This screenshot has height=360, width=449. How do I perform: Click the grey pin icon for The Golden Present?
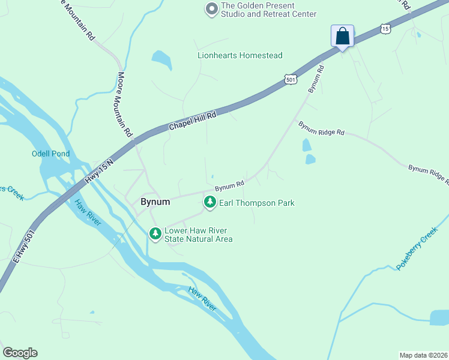click(x=211, y=9)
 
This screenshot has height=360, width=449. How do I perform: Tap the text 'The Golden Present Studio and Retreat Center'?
click(x=268, y=10)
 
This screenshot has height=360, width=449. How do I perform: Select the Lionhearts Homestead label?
click(x=240, y=55)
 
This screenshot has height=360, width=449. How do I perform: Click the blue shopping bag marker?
click(x=342, y=36)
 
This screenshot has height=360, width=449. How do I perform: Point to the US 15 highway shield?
click(x=385, y=28)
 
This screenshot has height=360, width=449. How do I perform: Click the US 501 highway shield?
click(x=291, y=79)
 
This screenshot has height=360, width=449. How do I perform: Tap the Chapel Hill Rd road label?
click(x=191, y=122)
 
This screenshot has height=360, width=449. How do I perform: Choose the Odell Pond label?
click(x=50, y=154)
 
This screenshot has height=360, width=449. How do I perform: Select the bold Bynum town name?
click(x=155, y=202)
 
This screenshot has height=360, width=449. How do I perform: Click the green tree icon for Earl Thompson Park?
click(x=209, y=203)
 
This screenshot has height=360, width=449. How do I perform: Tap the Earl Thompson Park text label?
click(x=256, y=203)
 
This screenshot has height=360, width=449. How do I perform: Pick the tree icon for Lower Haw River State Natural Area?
click(x=155, y=233)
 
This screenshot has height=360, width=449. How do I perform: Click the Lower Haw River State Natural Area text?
click(x=198, y=235)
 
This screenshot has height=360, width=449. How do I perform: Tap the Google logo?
click(x=20, y=353)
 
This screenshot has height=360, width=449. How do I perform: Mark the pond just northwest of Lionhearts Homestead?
click(x=162, y=60)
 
